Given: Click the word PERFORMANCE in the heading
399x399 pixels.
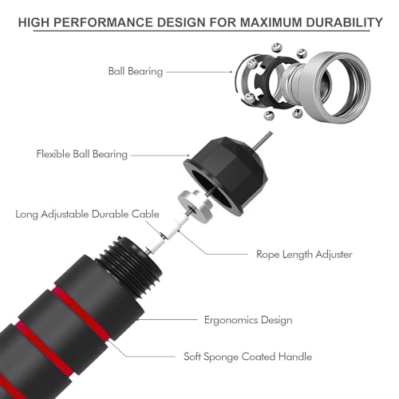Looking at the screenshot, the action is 103,22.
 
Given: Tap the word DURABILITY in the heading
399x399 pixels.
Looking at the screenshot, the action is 345,22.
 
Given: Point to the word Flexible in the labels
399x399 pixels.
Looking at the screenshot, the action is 53,154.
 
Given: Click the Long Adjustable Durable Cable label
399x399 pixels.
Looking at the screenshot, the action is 87,215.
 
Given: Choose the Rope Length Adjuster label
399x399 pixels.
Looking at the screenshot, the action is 304,255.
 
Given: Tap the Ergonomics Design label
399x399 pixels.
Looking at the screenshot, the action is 248,320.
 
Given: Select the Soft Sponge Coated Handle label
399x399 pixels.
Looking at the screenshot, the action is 247,357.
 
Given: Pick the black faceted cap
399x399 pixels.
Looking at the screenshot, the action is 226,174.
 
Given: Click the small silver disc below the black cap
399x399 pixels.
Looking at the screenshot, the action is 195,205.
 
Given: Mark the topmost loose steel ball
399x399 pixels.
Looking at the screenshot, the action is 277,47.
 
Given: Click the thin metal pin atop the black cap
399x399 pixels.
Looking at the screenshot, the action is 263,140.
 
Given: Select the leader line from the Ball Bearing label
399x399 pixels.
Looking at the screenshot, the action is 199,72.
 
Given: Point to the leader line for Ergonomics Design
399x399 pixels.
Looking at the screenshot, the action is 167,319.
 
